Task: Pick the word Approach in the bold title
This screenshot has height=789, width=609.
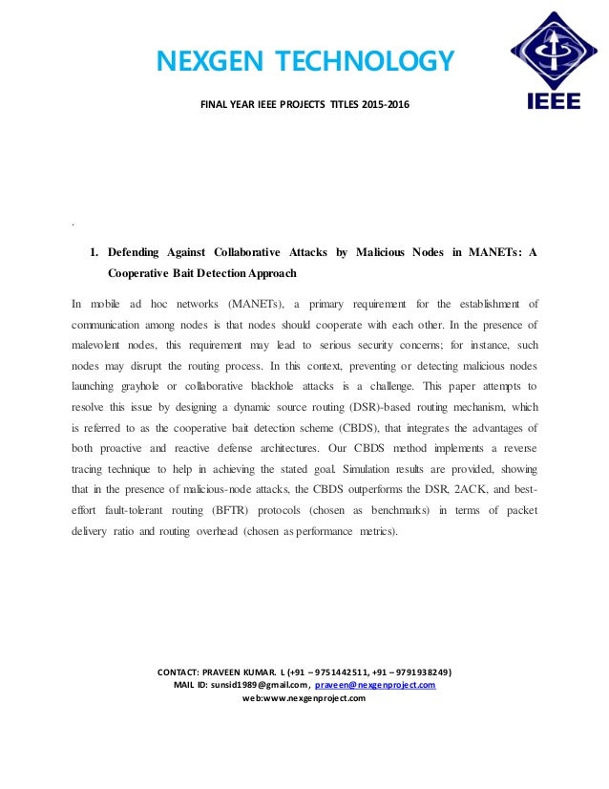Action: point(268,273)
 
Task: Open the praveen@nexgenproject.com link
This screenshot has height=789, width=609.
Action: point(375,685)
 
